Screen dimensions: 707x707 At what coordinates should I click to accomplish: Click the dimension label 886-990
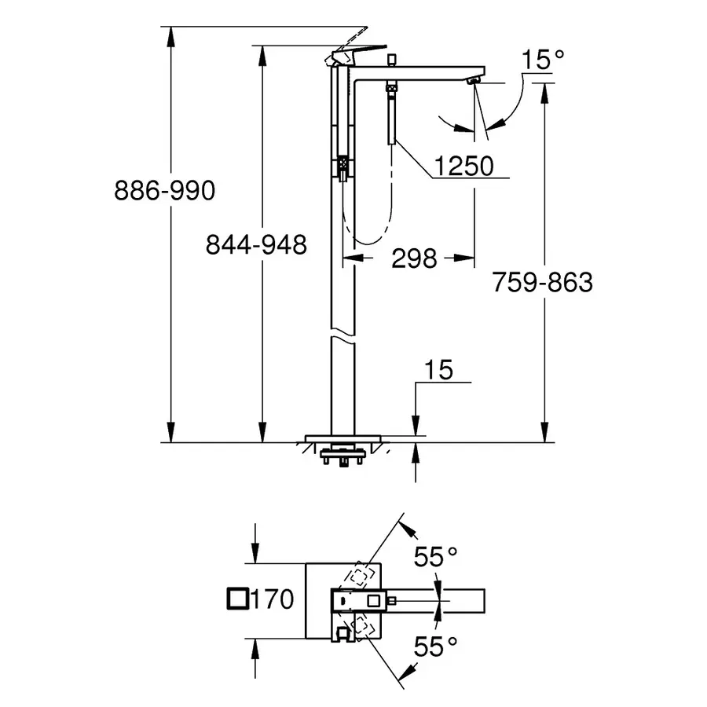click(163, 190)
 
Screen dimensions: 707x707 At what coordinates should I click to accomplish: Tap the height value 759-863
click(542, 282)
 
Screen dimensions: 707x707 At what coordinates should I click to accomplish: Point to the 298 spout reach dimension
click(413, 258)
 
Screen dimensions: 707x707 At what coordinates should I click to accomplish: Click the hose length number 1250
click(464, 167)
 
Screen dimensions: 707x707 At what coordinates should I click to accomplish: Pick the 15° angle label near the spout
click(542, 58)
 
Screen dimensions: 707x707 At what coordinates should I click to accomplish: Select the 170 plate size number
click(273, 600)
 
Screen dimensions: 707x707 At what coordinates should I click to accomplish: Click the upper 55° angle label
click(436, 557)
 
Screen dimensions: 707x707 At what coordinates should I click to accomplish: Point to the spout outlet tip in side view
click(474, 80)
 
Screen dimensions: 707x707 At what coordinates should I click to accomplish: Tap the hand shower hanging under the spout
click(390, 118)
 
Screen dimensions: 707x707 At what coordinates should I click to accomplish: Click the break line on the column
click(343, 338)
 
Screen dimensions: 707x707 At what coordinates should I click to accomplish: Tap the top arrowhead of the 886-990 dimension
click(170, 33)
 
